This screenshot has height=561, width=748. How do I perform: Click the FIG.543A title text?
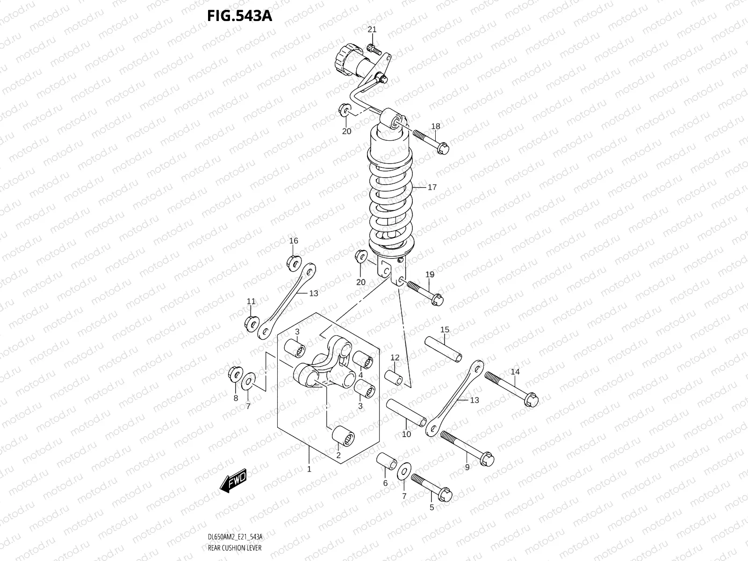239,16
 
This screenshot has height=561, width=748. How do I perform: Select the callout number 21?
372,29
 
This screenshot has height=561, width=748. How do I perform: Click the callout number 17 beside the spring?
432,187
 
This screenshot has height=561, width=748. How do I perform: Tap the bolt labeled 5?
432,486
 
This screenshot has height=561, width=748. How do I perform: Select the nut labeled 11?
252,324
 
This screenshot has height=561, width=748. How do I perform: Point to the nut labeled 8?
235,374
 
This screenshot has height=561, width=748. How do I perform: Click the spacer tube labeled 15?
444,348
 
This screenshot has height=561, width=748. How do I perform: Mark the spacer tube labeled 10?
407,412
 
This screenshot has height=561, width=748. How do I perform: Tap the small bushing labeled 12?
394,377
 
